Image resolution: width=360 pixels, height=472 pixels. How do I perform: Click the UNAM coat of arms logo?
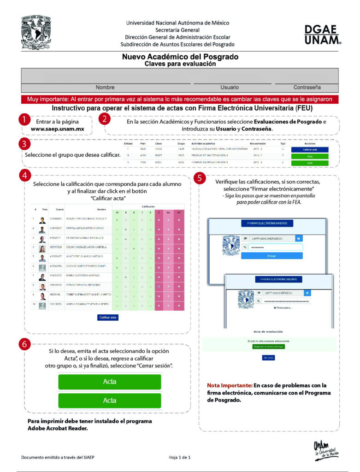click(x=37, y=33)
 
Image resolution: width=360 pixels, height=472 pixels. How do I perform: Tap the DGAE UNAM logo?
click(x=322, y=35)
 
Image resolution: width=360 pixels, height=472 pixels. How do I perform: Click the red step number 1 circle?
click(x=25, y=120)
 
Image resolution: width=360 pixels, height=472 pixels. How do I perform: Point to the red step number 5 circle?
click(x=200, y=178)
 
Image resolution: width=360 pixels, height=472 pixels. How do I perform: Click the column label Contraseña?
click(x=307, y=87)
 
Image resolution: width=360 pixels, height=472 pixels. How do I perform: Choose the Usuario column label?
click(x=229, y=87)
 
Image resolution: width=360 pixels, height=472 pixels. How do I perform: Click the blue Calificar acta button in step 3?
click(x=310, y=150)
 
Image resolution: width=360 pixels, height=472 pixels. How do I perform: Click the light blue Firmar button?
click(x=271, y=255)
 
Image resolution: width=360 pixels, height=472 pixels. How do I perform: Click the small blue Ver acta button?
click(x=268, y=357)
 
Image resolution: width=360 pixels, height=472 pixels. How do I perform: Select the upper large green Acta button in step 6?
click(x=109, y=382)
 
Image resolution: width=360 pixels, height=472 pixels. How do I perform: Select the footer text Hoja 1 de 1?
click(x=179, y=457)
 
